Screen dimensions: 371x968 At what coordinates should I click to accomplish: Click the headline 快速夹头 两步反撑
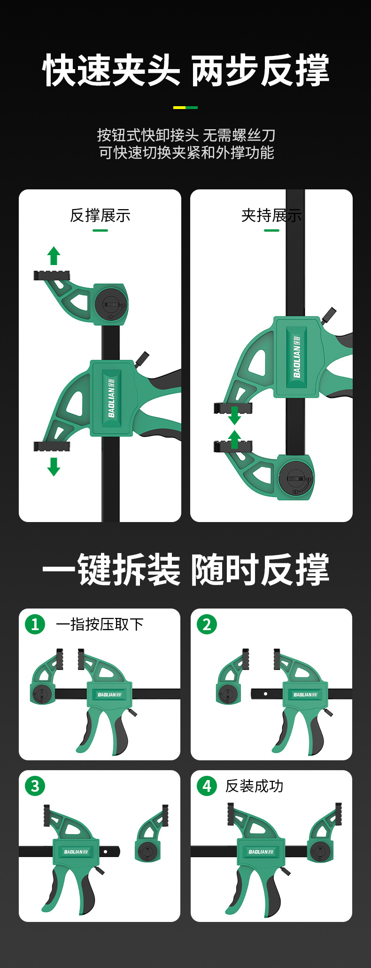coord(186,70)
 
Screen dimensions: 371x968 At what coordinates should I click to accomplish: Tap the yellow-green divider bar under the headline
coord(185,108)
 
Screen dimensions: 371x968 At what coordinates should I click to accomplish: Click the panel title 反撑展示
coord(100,216)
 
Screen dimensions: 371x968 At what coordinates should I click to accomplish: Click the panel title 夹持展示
coord(271,216)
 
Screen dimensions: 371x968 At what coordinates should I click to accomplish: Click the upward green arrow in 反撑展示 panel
coord(54,256)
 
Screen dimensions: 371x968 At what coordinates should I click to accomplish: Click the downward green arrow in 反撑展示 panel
coord(54,467)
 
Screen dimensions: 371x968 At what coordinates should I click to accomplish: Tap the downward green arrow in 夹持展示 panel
coord(234,416)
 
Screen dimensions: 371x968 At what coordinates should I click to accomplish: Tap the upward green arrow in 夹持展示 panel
coord(234,439)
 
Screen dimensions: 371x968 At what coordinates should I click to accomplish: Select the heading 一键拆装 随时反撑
coord(186,569)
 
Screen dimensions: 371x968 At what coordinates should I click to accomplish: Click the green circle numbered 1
coord(35,625)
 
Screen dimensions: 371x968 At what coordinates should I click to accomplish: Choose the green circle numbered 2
coord(207,625)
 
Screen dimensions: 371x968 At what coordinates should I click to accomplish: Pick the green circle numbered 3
coord(35,786)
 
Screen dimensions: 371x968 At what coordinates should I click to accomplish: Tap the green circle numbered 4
coord(207,786)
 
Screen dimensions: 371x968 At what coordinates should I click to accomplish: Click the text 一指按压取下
coord(100,625)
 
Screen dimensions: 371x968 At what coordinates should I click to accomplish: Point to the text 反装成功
coord(254,786)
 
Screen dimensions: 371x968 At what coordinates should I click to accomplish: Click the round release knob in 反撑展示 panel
coord(111,304)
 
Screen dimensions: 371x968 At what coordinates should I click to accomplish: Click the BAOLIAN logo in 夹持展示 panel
coord(297,356)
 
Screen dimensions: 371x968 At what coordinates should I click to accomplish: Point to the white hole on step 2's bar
coord(265,694)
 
